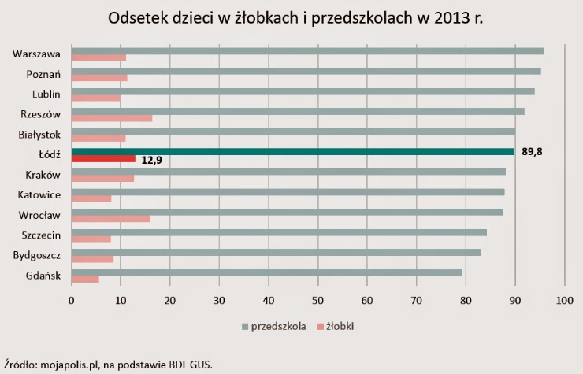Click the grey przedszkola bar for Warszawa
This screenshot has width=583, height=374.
(x=307, y=51)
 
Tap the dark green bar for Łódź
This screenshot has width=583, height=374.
(x=292, y=151)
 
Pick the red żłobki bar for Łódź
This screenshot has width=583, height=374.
(x=103, y=159)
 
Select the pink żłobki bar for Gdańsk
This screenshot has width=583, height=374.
(x=85, y=279)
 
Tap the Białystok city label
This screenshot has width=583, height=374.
(x=39, y=135)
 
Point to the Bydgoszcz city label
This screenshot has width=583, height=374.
(x=37, y=255)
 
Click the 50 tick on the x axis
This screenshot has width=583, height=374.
(x=317, y=300)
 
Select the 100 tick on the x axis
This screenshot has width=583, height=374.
(x=564, y=300)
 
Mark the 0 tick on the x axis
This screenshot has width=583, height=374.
(x=72, y=300)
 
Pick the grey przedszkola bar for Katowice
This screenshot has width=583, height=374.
(x=288, y=191)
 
